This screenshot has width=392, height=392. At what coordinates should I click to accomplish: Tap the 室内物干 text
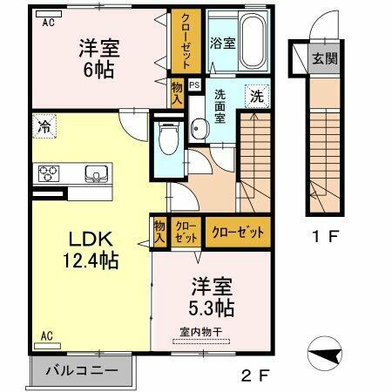point(203,332)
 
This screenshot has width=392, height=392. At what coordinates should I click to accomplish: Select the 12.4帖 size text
point(84,260)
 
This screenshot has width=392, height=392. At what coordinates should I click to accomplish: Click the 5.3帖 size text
point(212,308)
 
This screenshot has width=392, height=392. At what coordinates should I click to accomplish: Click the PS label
point(194,84)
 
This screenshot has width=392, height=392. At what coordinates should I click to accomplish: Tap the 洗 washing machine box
point(258,98)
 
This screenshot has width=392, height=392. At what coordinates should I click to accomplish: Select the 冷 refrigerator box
point(44,125)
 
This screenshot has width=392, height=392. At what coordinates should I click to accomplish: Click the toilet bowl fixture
point(167,137)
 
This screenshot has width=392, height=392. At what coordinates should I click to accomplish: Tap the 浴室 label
point(222,42)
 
